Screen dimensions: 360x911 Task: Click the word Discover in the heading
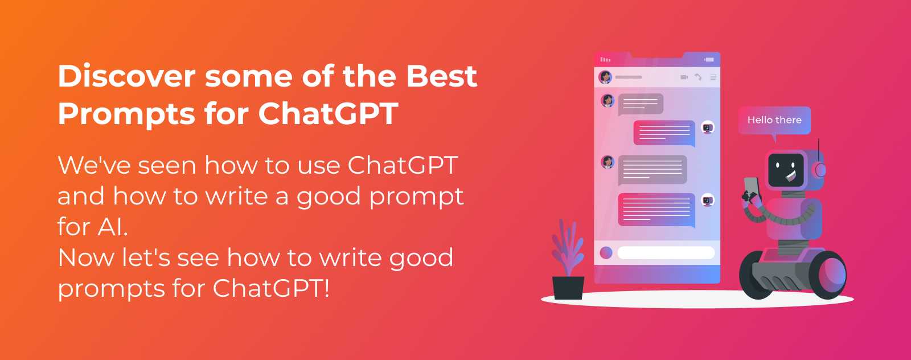point(126,76)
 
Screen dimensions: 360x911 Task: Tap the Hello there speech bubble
point(774,120)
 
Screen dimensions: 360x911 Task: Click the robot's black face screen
point(786,169)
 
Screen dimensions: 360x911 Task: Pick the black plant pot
point(568,287)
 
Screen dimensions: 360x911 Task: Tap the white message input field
point(666,252)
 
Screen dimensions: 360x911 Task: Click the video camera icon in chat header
point(684,77)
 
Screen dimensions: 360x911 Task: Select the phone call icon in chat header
point(698,77)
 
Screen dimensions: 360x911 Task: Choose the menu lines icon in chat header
point(713,77)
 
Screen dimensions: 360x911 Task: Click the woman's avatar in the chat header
point(605,76)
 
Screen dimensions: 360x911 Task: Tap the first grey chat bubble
point(641,103)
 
